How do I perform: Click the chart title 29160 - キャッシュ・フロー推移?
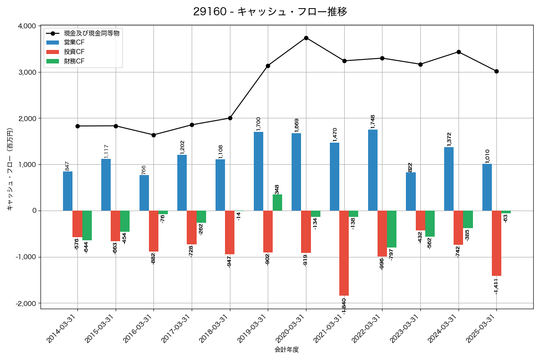coord(270,12)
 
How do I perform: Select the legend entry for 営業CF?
coord(74,42)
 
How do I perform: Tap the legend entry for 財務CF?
coord(74,61)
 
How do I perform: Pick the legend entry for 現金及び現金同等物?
coord(91,33)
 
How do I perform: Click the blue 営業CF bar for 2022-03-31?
coord(373,170)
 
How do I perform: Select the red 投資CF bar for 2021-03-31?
coord(344,253)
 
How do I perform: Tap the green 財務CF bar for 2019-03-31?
coord(277,202)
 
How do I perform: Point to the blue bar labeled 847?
coord(67,191)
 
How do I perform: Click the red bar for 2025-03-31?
coord(496,243)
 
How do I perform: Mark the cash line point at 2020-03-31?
coord(306,38)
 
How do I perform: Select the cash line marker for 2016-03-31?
coord(153,135)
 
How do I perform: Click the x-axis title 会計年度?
coord(287,350)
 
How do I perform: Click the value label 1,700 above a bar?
coord(258,124)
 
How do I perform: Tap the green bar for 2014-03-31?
coord(87,225)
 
